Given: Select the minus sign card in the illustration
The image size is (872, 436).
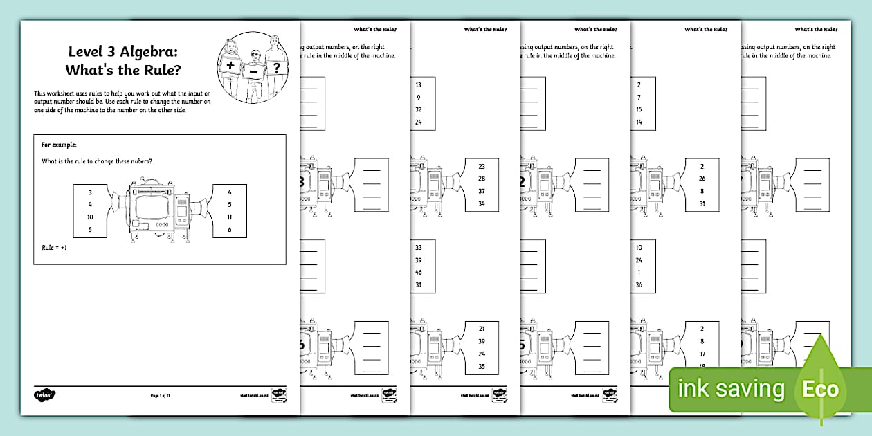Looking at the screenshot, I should click(x=254, y=71).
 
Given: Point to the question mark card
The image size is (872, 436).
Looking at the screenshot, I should click(x=277, y=67).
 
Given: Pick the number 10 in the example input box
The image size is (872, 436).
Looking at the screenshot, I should click(x=90, y=217).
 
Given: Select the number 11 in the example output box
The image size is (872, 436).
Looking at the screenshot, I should click(x=229, y=217).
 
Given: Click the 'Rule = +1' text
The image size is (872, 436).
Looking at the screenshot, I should click(x=57, y=247).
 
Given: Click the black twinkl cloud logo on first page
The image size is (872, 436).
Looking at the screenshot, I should click(x=44, y=395).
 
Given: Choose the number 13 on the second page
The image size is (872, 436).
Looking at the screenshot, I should click(x=418, y=84).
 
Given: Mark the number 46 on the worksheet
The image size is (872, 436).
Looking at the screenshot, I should click(x=418, y=273).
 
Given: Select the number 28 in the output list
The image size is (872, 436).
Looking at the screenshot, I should click(x=482, y=179).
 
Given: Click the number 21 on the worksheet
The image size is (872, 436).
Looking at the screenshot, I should click(x=482, y=329).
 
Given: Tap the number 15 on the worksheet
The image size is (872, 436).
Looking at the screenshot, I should click(x=639, y=109).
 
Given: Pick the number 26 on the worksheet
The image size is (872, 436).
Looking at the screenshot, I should click(x=702, y=179).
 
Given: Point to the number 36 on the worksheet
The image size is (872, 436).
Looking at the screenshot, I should click(x=639, y=285).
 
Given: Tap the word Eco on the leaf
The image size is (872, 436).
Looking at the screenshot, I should click(x=820, y=388).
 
